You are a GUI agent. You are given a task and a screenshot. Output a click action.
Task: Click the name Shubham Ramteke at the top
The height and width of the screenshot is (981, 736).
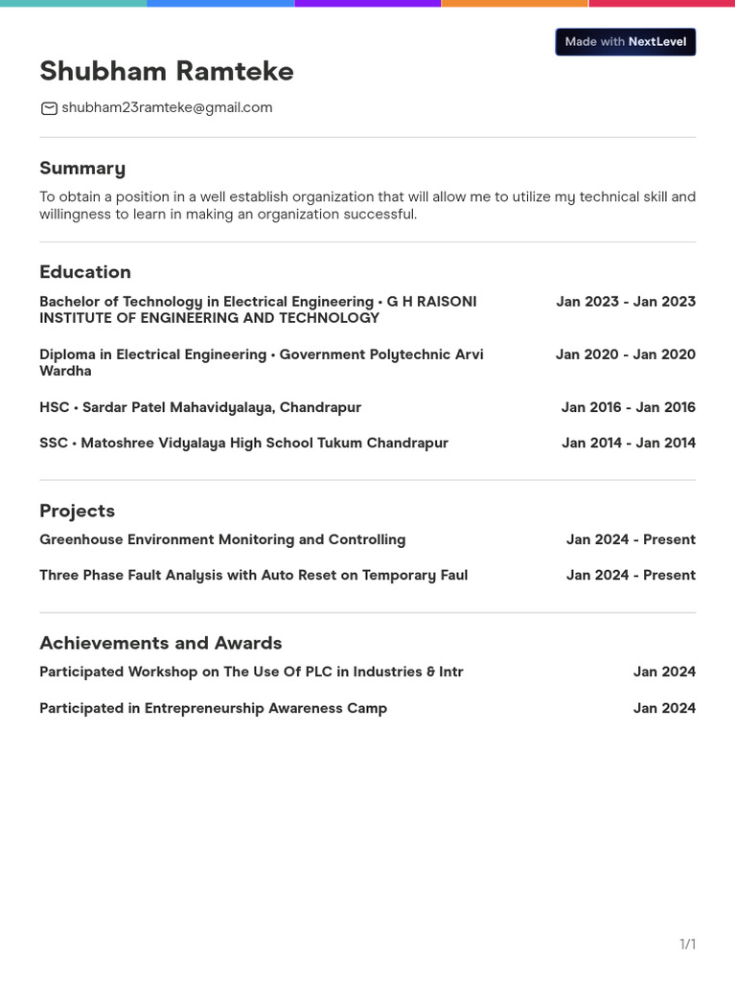pos(167,72)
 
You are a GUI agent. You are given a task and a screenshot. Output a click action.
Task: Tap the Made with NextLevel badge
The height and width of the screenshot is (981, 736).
pos(625,42)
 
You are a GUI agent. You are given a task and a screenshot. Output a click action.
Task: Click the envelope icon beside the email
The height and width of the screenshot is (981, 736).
pos(49,108)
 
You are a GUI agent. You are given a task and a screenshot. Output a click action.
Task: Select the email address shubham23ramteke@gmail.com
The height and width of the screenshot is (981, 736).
pos(167,108)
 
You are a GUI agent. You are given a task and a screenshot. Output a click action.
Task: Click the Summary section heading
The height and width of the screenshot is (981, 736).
pos(82,169)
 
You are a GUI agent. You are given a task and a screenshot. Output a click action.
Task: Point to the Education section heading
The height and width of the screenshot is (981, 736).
pos(85,272)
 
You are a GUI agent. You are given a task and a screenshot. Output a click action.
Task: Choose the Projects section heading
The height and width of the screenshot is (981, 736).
pos(77,511)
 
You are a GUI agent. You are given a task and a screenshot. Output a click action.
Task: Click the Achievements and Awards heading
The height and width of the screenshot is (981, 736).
pos(160,643)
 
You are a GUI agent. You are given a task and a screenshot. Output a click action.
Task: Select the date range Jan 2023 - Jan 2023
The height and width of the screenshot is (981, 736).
pos(626,302)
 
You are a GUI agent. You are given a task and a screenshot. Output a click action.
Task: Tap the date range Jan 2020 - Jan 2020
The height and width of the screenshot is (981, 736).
pos(626,354)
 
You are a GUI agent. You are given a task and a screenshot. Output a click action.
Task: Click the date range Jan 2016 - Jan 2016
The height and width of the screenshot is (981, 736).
pos(629,407)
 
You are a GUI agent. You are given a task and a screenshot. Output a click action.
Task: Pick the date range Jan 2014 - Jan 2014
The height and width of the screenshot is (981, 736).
pos(629,443)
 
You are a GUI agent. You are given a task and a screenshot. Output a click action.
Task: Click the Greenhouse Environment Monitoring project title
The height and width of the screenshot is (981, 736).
pos(222,539)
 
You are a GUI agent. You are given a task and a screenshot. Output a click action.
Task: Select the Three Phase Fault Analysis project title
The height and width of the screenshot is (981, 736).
pos(253,575)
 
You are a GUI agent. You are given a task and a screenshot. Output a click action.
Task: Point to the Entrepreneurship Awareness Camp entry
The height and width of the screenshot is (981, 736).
pos(213,708)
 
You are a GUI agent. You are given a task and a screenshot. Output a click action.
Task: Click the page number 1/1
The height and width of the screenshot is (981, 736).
pos(687,945)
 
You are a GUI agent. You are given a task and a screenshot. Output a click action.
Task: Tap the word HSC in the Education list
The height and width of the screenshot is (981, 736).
pos(54,407)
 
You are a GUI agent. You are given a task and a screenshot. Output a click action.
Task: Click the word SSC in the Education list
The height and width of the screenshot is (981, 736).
pos(54,443)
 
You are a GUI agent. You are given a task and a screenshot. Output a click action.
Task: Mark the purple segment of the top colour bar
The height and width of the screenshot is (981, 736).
pos(367,4)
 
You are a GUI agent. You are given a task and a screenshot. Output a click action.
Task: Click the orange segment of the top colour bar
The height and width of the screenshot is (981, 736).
pos(515,4)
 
